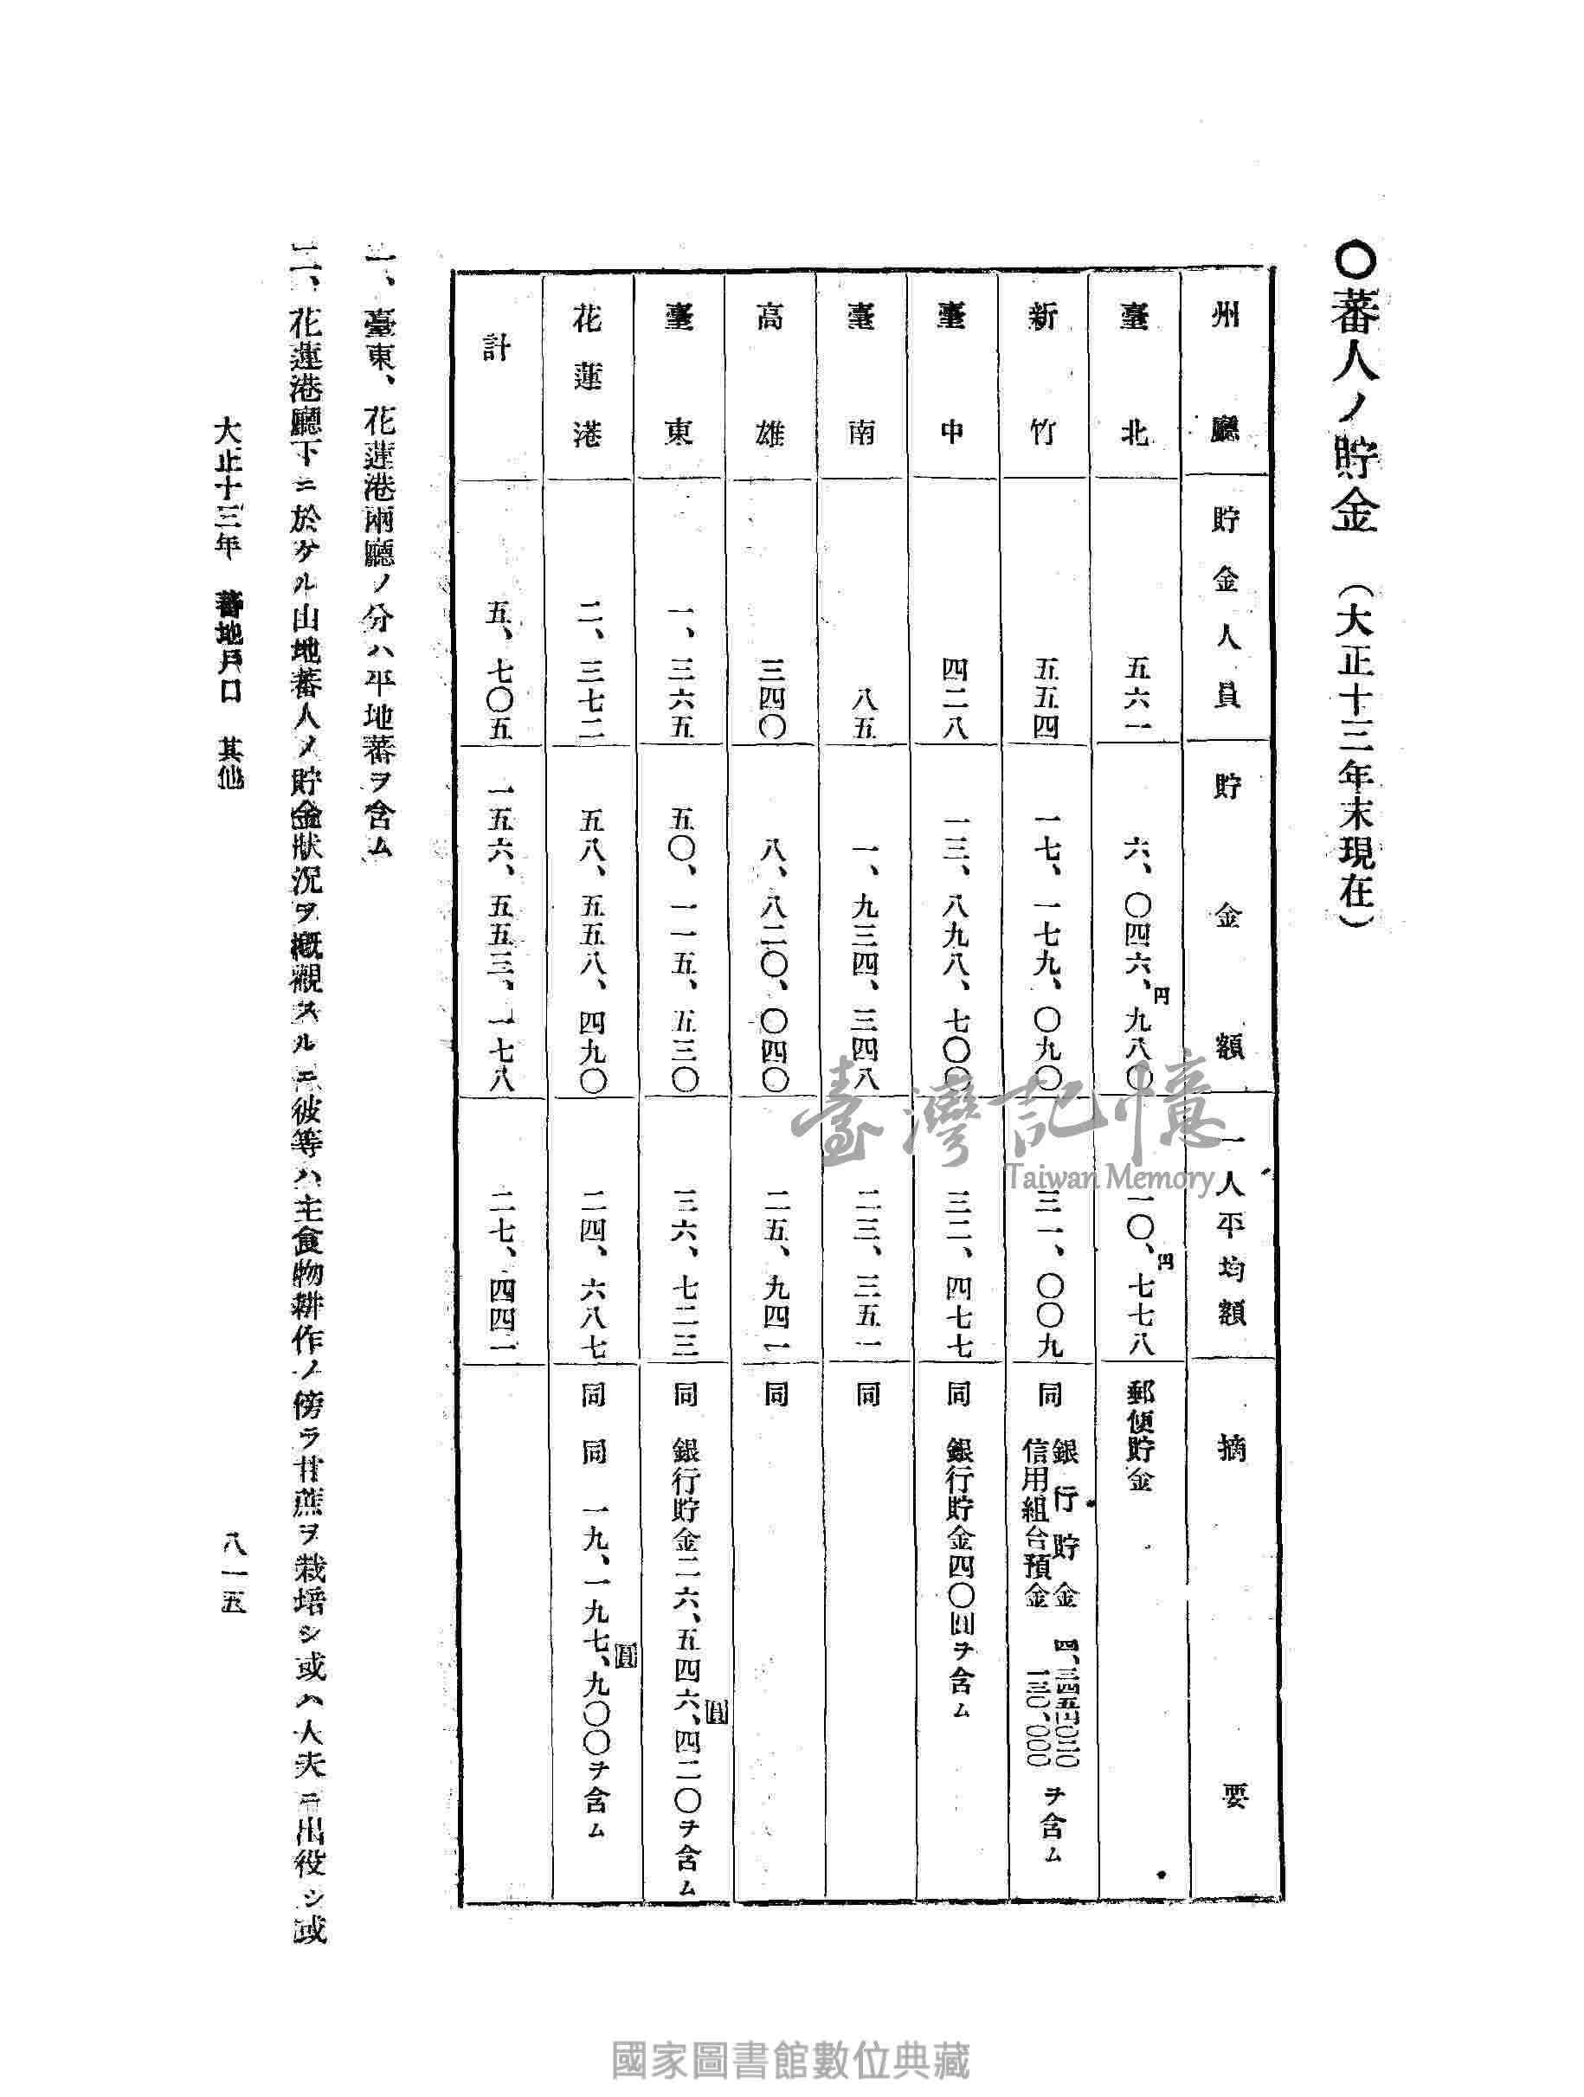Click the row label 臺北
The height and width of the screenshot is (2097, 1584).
1135,376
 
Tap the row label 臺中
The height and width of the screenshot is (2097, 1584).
952,376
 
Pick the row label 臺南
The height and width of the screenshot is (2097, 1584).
860,376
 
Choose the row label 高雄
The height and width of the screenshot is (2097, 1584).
769,376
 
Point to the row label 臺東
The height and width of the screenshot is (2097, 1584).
679,376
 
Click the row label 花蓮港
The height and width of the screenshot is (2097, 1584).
588,376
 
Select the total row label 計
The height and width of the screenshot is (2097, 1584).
498,351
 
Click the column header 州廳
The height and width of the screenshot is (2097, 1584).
1227,376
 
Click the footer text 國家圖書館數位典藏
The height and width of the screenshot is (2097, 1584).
791,2058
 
